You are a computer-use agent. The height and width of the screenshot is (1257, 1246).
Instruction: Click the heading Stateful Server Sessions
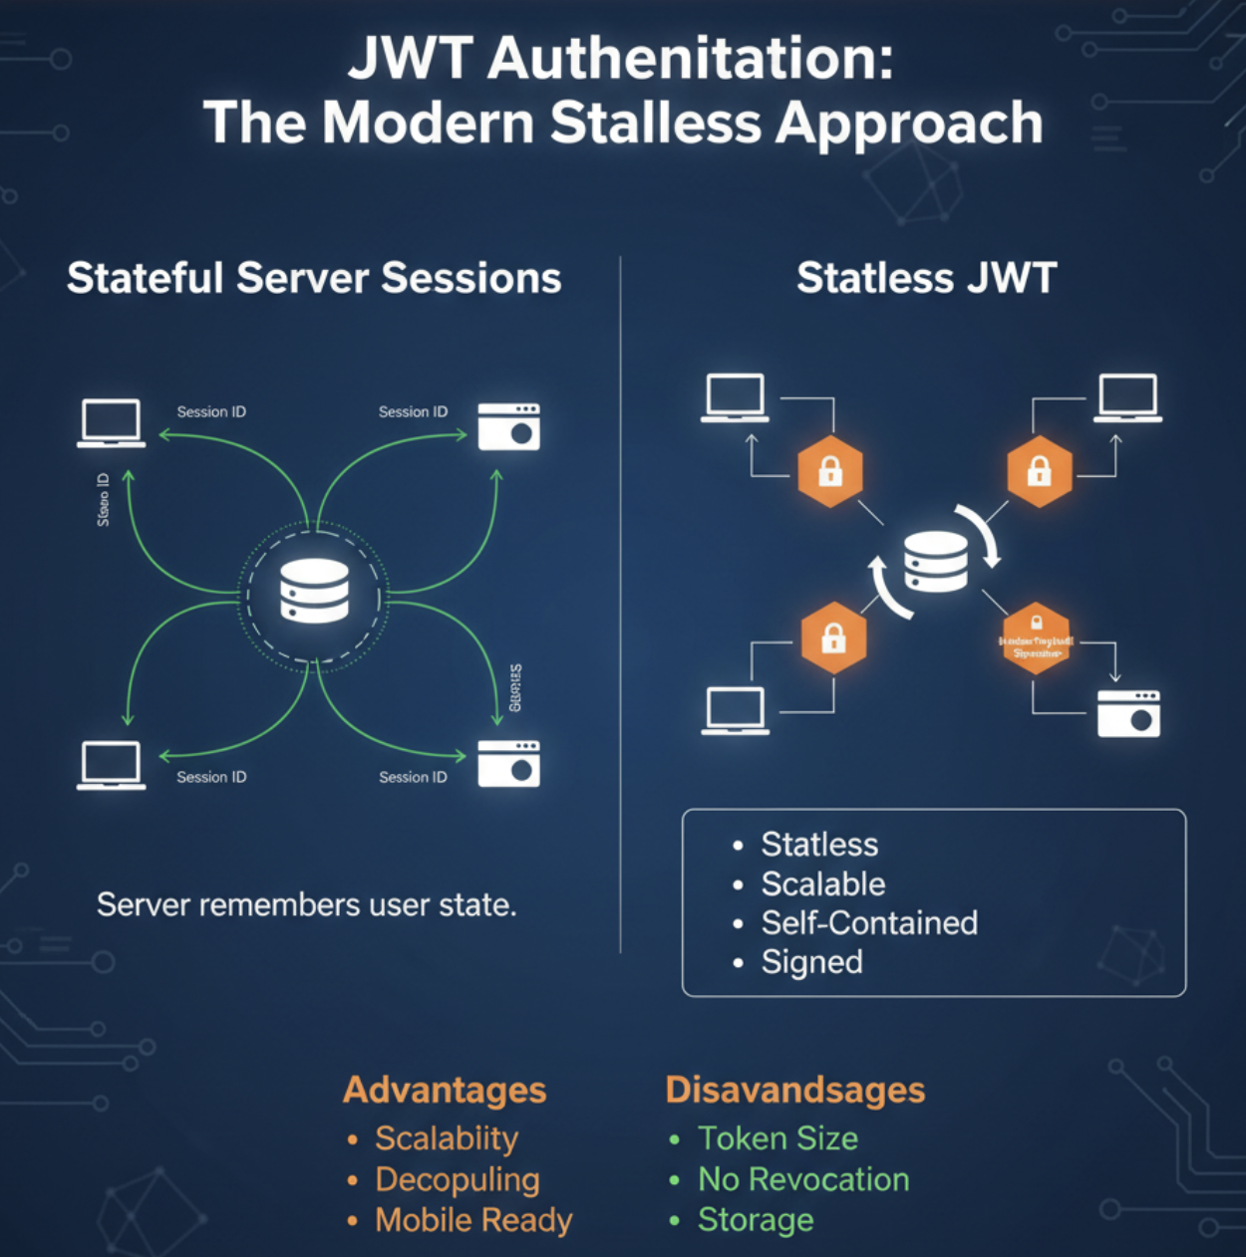point(314,278)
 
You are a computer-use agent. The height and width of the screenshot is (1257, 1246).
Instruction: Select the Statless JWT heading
point(926,278)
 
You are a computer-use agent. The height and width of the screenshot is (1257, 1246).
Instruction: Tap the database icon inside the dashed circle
point(314,591)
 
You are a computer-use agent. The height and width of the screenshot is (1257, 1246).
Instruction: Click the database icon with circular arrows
point(935,562)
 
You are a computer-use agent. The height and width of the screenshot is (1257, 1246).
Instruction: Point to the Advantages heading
point(445,1090)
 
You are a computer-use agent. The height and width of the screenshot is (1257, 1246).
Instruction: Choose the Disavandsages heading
point(794,1090)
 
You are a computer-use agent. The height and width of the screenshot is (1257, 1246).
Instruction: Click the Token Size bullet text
point(778,1138)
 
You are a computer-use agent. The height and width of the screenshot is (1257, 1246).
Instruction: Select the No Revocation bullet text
point(803,1179)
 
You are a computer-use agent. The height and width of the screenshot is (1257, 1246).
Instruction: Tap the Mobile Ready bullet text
point(473,1220)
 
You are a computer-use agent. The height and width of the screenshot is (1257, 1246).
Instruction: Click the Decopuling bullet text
point(458,1179)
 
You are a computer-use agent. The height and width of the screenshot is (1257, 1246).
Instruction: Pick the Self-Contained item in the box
point(869,923)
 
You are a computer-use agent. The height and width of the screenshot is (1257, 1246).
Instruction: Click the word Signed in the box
point(812,962)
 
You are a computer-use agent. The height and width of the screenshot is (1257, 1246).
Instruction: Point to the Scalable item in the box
point(823,884)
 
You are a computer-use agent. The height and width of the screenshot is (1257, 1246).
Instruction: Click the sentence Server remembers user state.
point(306,904)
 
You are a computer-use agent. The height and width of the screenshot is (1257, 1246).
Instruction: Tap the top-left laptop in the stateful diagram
point(112,423)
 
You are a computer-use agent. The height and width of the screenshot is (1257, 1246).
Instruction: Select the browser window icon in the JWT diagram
point(1128,713)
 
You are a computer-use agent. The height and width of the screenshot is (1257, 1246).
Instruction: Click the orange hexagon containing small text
point(1037,638)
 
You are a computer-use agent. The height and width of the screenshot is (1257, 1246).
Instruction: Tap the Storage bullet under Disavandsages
point(756,1220)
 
